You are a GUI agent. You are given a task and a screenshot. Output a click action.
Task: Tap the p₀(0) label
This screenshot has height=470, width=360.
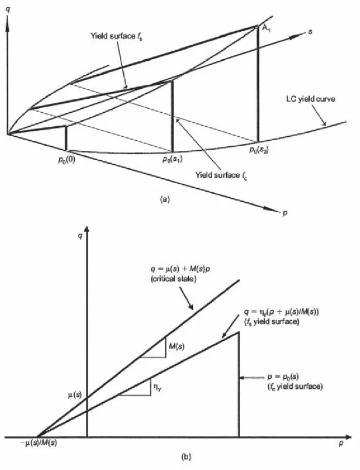click(67, 160)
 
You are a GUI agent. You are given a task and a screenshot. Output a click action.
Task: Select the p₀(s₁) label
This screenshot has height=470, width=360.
click(172, 159)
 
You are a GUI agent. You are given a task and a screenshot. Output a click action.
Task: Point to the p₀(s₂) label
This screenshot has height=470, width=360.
click(259, 149)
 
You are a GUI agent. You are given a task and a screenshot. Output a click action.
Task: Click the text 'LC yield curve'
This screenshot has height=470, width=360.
click(310, 99)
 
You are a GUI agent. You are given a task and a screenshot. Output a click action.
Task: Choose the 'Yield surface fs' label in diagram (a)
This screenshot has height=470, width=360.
click(117, 37)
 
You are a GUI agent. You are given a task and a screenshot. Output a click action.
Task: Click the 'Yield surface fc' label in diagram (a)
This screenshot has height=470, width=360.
click(221, 175)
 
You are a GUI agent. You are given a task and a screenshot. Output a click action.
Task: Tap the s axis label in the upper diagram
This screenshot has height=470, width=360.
click(310, 31)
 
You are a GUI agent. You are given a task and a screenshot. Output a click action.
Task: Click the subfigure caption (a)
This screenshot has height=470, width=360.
click(165, 199)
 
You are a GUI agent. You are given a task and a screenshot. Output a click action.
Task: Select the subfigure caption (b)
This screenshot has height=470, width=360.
click(186, 457)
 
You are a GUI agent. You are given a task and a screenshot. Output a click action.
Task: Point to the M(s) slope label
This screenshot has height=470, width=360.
click(176, 347)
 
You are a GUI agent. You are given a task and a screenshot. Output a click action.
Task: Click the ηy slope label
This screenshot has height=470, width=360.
click(157, 389)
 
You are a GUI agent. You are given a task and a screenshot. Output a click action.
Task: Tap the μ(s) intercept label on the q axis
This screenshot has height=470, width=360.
click(74, 395)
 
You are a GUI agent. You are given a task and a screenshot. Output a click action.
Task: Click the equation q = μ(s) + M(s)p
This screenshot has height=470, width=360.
click(180, 269)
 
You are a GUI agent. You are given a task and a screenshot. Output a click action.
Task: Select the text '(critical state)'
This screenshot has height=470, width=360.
click(173, 279)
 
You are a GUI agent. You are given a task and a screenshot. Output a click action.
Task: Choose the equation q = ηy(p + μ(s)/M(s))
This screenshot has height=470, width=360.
click(281, 312)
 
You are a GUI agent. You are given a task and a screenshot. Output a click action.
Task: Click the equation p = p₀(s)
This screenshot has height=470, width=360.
click(283, 377)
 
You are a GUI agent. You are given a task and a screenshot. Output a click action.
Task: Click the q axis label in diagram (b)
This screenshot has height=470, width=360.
click(79, 236)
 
